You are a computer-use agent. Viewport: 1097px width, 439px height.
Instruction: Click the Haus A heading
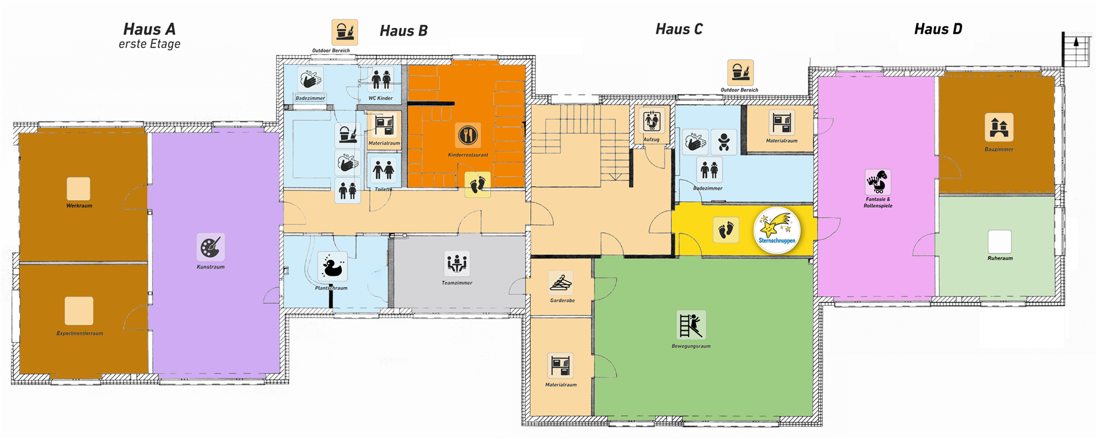pyautogui.click(x=149, y=29)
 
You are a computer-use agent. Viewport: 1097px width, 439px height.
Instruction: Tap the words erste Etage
pyautogui.click(x=150, y=44)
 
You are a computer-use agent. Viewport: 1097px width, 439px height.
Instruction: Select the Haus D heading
pyautogui.click(x=938, y=29)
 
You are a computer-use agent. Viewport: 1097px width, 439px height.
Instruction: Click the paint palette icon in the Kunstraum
pyautogui.click(x=211, y=248)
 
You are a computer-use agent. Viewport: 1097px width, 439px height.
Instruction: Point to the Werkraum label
pyautogui.click(x=79, y=206)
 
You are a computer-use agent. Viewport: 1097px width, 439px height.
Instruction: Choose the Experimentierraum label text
pyautogui.click(x=80, y=333)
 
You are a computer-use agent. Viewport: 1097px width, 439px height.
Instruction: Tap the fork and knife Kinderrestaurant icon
pyautogui.click(x=468, y=136)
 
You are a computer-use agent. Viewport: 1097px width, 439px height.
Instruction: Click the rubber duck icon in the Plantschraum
pyautogui.click(x=332, y=266)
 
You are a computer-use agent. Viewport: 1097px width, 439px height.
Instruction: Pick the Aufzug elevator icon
pyautogui.click(x=651, y=121)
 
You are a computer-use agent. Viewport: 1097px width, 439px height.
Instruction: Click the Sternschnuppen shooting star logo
pyautogui.click(x=777, y=230)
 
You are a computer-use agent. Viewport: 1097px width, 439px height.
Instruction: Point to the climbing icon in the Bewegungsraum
pyautogui.click(x=691, y=325)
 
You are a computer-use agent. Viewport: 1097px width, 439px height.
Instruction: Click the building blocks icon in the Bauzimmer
pyautogui.click(x=999, y=127)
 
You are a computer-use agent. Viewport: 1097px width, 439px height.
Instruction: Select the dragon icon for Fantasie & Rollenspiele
pyautogui.click(x=878, y=182)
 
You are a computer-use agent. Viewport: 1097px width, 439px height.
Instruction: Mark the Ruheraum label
pyautogui.click(x=1000, y=258)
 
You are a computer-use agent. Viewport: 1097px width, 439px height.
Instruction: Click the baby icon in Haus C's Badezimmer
pyautogui.click(x=724, y=142)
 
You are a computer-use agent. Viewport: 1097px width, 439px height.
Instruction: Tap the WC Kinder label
pyautogui.click(x=381, y=98)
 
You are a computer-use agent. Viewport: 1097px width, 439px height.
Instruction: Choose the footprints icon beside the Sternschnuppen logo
pyautogui.click(x=726, y=230)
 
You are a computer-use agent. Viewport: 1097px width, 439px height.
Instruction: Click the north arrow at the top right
pyautogui.click(x=1076, y=42)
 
